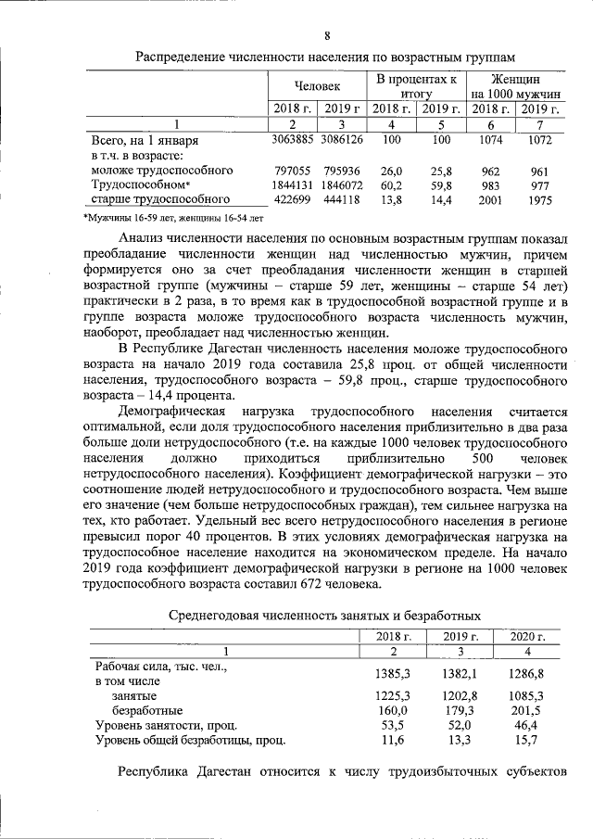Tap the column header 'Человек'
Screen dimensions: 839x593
[x=317, y=86]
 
